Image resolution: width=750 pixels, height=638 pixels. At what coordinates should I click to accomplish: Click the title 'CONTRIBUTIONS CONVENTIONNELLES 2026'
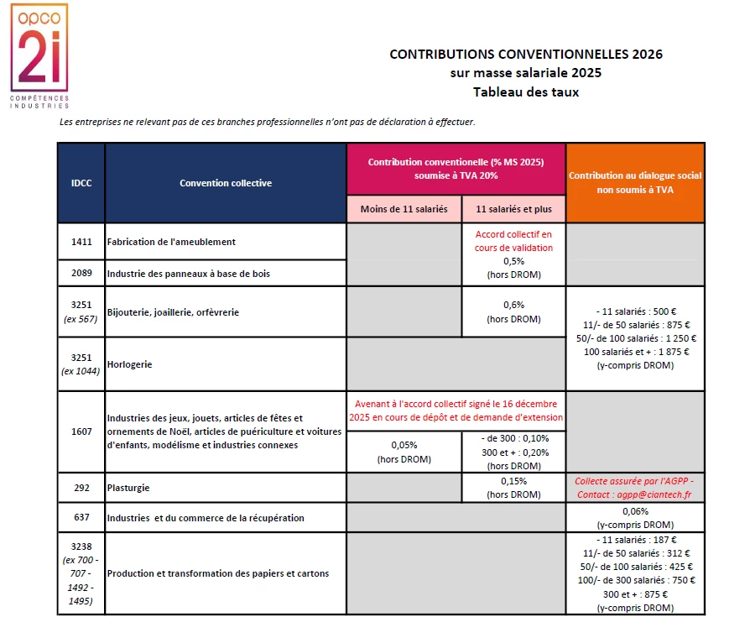(526, 55)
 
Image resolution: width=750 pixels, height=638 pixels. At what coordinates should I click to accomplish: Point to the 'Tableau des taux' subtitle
(526, 92)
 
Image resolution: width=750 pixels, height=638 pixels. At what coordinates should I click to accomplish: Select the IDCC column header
(81, 183)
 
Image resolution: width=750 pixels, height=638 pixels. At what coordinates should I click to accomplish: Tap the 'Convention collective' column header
(226, 183)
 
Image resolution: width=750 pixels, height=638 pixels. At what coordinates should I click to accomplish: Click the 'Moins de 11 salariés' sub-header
(404, 209)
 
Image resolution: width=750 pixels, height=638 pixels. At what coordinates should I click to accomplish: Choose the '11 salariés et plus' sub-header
(513, 209)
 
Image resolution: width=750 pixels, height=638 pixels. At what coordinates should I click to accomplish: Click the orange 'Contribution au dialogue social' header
(635, 183)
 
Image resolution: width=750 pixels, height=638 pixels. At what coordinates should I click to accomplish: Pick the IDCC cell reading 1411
(81, 241)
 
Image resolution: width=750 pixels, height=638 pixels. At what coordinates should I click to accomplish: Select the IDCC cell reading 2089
(81, 273)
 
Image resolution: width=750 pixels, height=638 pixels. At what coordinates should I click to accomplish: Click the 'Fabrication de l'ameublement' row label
(172, 242)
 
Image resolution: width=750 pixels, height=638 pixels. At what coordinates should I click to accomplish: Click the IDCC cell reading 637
(81, 517)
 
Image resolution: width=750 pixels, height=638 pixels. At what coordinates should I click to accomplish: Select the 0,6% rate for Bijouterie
(513, 305)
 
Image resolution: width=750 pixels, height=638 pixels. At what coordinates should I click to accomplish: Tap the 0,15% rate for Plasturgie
(513, 481)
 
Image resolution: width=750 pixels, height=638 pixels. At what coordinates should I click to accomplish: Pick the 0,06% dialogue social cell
(635, 511)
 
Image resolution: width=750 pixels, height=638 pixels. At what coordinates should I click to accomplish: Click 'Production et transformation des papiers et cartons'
(218, 573)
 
